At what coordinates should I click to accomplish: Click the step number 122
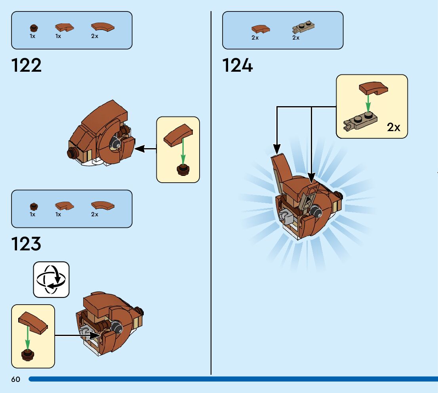(x=27, y=65)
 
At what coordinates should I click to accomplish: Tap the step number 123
(x=26, y=244)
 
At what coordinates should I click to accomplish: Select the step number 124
(x=237, y=65)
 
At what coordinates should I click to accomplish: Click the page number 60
(x=15, y=379)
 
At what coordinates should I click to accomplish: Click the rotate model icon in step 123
(x=51, y=279)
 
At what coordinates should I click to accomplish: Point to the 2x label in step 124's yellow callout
(x=393, y=127)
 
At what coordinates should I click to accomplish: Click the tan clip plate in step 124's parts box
(x=303, y=28)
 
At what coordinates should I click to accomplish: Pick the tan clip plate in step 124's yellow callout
(x=360, y=121)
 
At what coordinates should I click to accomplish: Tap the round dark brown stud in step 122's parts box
(x=34, y=28)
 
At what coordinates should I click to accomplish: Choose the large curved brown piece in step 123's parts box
(x=103, y=205)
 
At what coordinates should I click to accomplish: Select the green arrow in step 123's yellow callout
(x=28, y=337)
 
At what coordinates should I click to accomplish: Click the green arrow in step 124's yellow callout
(x=368, y=103)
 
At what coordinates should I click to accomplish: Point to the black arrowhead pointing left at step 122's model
(x=140, y=149)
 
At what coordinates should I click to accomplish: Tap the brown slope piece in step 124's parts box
(x=260, y=29)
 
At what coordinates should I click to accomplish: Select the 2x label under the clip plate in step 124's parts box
(x=296, y=38)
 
